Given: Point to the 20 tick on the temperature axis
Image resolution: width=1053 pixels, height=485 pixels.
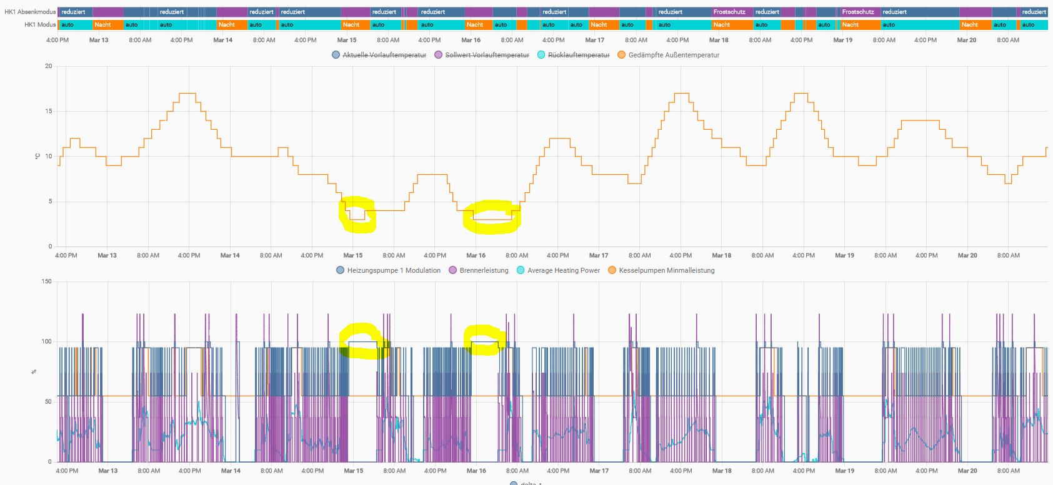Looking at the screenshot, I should (48, 66).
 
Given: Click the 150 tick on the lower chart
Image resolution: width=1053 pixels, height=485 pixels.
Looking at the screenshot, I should (46, 282).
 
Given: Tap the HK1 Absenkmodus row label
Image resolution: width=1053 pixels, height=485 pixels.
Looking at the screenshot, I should (29, 12).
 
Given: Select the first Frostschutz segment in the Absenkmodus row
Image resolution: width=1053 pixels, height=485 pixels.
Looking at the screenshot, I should (729, 12).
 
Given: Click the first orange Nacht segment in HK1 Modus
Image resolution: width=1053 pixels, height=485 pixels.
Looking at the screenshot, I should (102, 25).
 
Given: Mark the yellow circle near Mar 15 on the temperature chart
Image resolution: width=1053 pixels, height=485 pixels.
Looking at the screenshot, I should (357, 214).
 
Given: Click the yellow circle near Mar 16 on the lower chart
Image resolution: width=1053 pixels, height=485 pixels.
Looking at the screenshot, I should (484, 340).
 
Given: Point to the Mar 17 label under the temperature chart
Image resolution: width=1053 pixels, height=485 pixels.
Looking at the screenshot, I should (598, 255).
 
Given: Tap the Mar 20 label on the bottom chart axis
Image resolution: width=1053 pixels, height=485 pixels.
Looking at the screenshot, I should (967, 471).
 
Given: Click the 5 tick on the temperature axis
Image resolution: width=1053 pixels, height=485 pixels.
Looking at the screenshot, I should (50, 202).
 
